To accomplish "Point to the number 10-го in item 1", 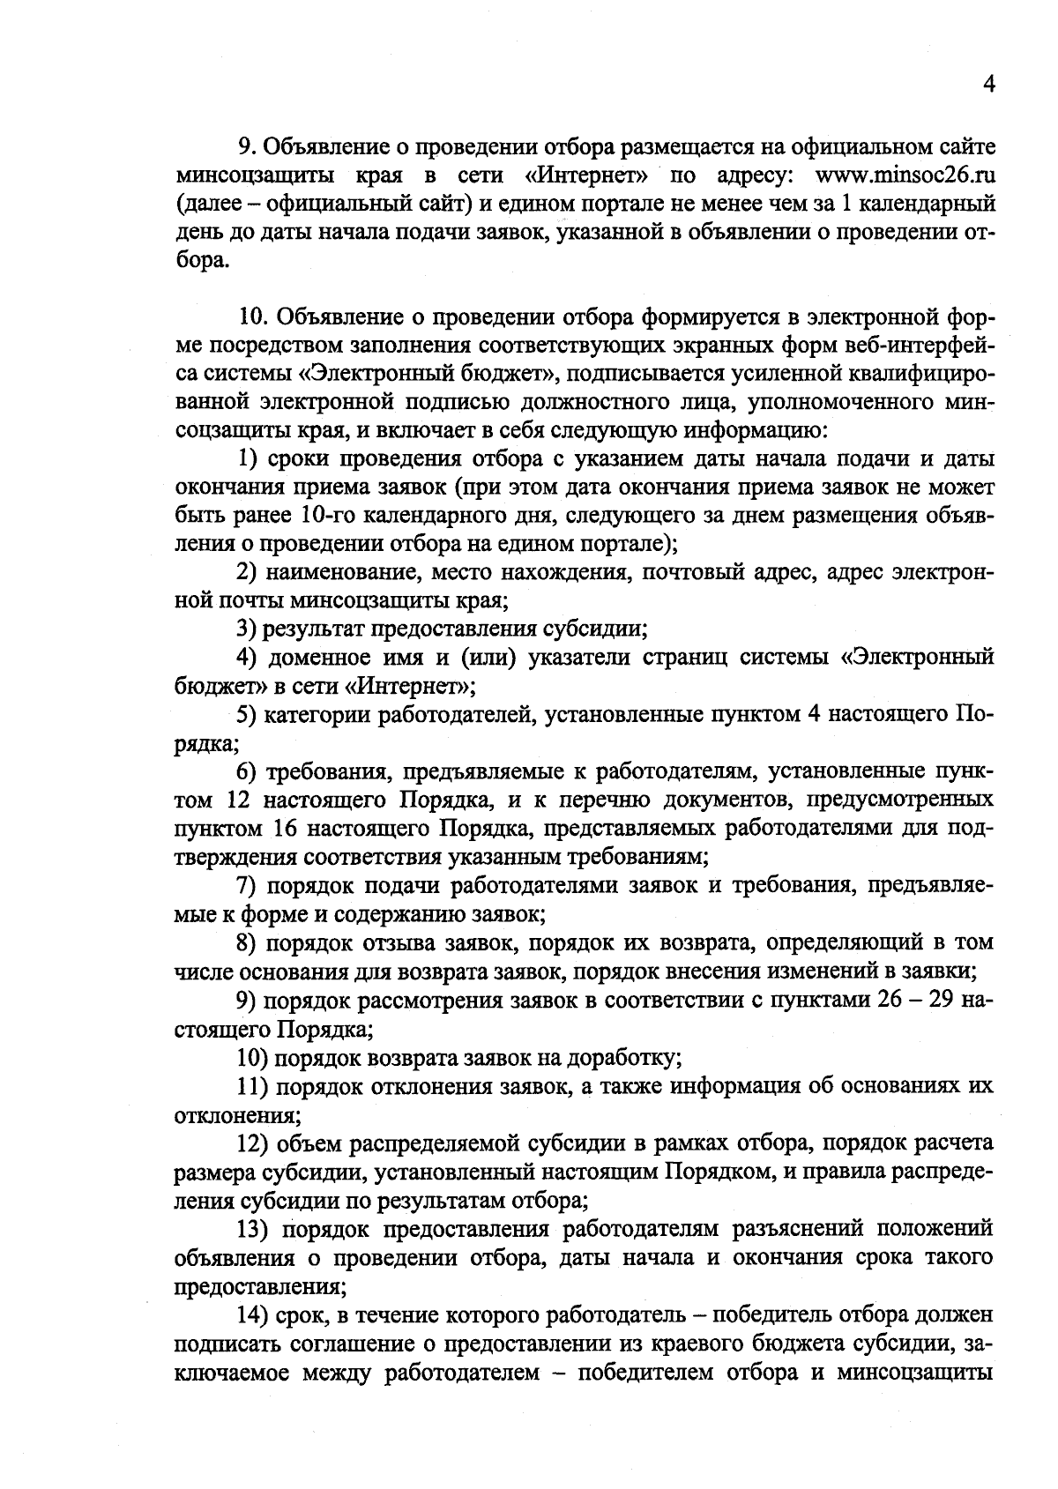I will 316,515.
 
